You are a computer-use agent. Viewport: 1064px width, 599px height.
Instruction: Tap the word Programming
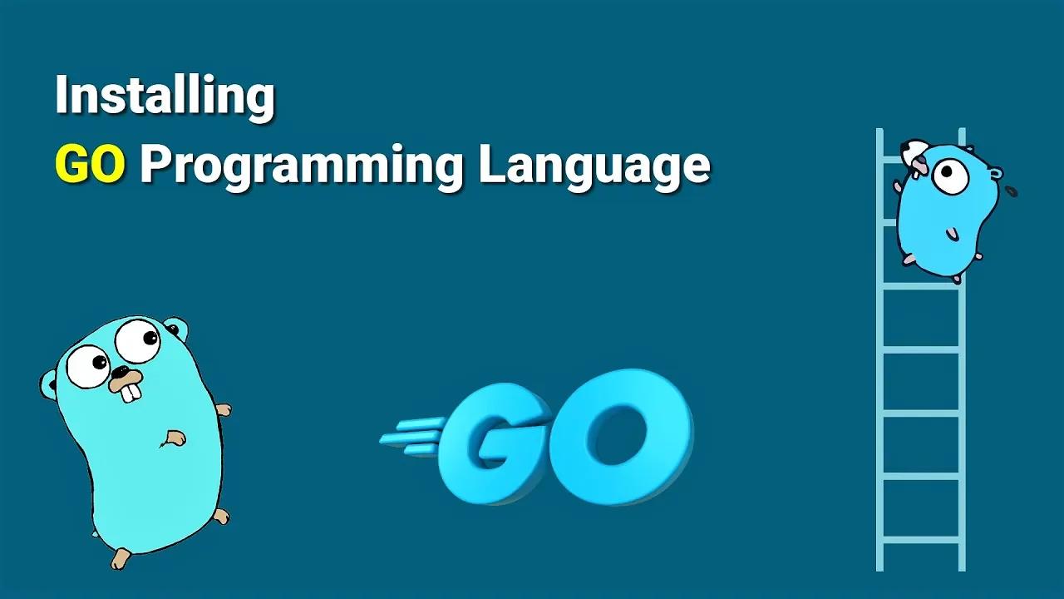[302, 166]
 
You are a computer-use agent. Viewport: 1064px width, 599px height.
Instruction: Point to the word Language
[594, 166]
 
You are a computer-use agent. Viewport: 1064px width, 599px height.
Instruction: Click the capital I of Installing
[61, 94]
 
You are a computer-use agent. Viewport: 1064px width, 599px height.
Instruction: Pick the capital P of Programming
[155, 163]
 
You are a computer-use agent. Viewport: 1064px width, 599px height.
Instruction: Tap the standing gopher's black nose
[119, 371]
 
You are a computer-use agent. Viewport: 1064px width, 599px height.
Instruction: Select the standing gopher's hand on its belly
[174, 438]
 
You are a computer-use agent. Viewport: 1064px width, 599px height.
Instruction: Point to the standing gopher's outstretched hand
[224, 409]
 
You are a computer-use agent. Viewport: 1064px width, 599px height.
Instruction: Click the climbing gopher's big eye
[950, 176]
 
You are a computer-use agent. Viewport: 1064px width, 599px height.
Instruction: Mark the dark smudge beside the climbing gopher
[1012, 191]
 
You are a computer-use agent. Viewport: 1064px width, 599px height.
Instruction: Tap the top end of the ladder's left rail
[879, 128]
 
